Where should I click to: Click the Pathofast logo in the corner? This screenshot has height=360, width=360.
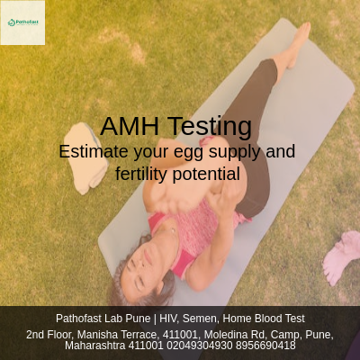(x=22, y=22)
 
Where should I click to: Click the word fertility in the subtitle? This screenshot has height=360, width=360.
(x=146, y=174)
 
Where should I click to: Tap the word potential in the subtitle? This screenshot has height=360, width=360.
(x=210, y=174)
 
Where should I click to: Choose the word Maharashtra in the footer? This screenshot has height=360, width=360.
(x=94, y=346)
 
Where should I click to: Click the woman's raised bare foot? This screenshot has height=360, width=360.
(x=293, y=49)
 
